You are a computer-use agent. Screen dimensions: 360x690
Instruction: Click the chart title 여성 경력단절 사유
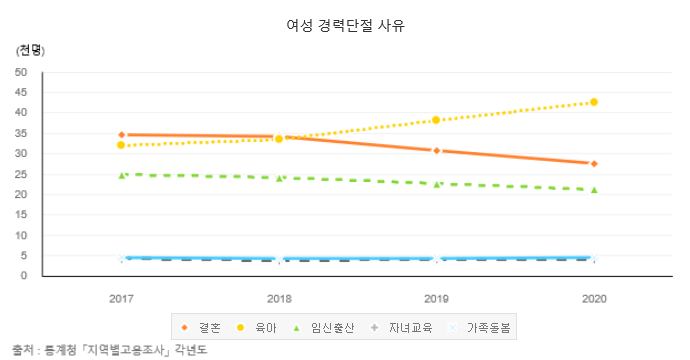coord(345,25)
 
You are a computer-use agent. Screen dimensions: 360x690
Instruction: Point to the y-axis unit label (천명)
coord(31,49)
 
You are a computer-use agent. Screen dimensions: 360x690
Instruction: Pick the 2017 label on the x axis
coord(121,298)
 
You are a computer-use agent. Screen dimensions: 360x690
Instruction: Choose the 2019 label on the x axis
coord(437,298)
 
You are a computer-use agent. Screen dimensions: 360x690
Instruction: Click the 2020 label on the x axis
coord(594,298)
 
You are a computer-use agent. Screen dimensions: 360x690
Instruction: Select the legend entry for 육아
coord(257,327)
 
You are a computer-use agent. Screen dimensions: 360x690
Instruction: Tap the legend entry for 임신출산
coord(323,327)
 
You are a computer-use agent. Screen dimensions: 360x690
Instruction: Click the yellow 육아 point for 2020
coord(594,102)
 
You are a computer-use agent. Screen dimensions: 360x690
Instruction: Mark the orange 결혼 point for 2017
coord(121,134)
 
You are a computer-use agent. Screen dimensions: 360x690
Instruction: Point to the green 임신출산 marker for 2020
coord(594,189)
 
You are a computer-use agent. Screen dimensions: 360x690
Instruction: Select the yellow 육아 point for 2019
coord(437,120)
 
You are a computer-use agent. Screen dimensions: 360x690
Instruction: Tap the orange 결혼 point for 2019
coord(437,150)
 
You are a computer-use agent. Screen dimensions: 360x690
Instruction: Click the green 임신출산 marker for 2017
coord(121,175)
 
